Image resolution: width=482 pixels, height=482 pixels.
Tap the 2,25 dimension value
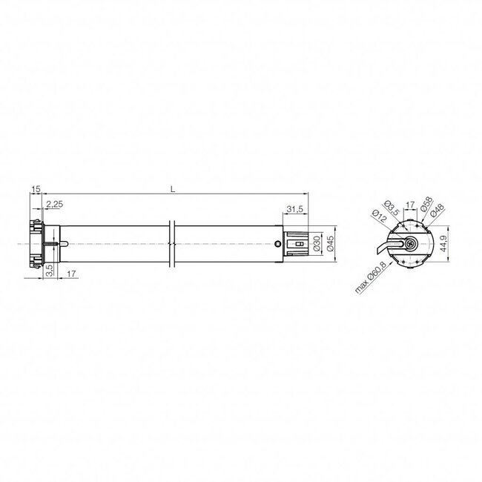click(53, 204)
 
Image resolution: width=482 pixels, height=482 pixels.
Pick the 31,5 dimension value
click(294, 209)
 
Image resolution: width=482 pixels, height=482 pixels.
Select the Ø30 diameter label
click(316, 242)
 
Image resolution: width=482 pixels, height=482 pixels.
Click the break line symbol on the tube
click(172, 242)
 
